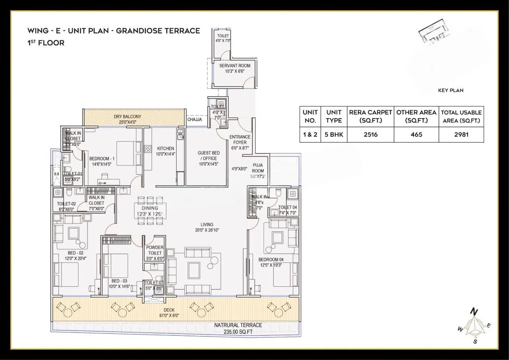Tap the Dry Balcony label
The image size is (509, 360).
127,117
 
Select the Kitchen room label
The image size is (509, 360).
165,148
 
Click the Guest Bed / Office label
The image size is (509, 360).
209,156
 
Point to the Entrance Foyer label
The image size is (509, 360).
240,140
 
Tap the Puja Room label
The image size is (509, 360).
258,168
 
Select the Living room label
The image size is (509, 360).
207,224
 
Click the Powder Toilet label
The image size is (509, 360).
155,250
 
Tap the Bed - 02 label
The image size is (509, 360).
75,253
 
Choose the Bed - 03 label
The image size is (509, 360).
119,281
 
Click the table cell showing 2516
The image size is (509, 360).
371,134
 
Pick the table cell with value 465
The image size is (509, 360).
416,134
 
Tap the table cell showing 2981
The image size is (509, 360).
461,134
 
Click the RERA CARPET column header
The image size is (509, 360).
371,113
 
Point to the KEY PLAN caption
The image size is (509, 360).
451,90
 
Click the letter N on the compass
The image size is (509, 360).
474,311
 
